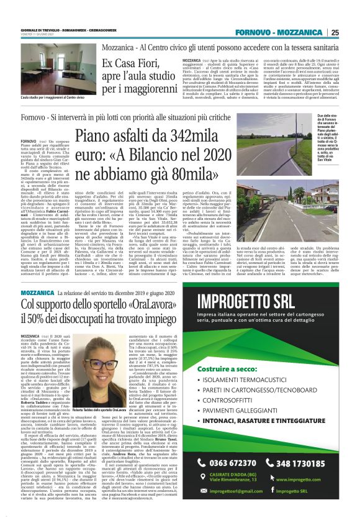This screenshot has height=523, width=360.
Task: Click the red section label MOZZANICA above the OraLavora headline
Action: (37, 291)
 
